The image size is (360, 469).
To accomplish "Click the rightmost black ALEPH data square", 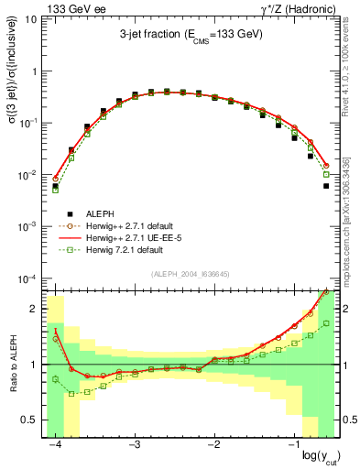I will point(326,185).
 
